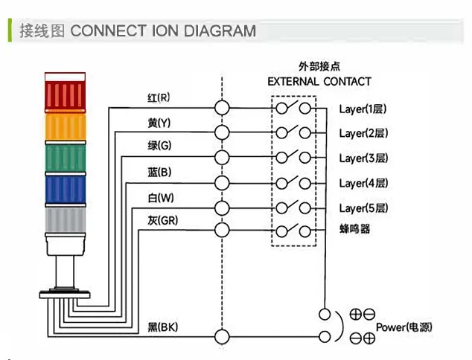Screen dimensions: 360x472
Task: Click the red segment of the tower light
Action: click(66, 94)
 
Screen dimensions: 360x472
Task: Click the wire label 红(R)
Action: click(159, 97)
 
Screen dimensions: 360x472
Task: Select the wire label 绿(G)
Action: click(159, 147)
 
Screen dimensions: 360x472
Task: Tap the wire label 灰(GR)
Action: click(162, 220)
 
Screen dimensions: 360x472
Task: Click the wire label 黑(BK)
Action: click(162, 327)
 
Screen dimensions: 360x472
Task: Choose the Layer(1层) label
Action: click(363, 109)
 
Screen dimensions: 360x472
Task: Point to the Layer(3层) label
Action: click(363, 158)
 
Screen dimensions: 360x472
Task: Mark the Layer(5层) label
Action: click(363, 208)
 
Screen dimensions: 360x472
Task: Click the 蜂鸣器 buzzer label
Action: click(354, 230)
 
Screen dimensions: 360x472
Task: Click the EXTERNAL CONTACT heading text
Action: click(319, 81)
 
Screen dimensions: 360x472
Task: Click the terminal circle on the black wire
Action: click(222, 336)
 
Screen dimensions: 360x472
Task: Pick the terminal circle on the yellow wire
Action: click(222, 132)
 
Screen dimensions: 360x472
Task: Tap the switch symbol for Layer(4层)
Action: click(294, 182)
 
